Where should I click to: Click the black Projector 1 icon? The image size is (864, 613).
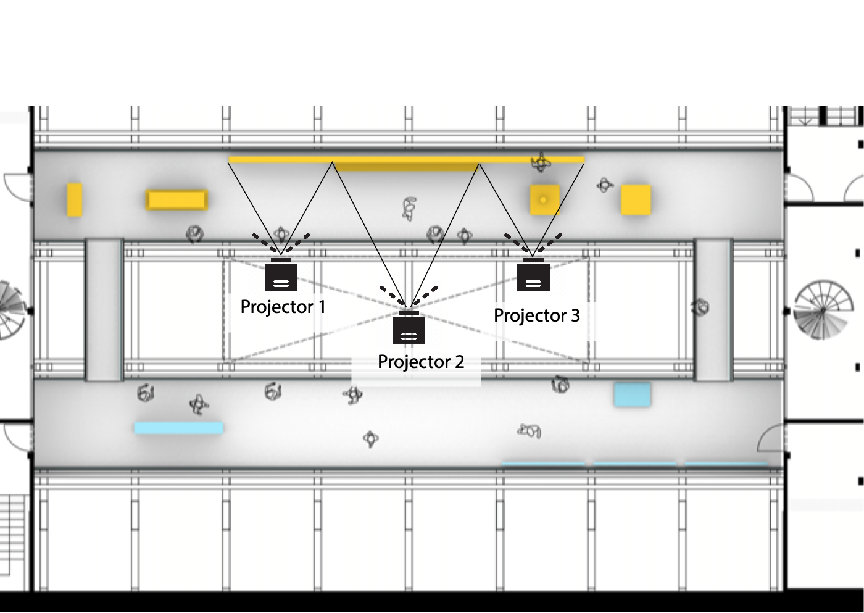coord(281,275)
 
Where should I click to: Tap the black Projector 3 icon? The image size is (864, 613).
coord(533,275)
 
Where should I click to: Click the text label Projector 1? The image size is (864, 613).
coord(283,307)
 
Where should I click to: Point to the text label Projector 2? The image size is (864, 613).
coord(420,362)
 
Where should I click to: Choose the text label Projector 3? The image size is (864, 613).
coord(536,315)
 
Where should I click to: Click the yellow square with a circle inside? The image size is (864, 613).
coord(544,200)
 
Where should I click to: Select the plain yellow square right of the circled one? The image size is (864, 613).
coord(636,200)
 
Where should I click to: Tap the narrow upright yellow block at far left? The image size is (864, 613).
coord(74,199)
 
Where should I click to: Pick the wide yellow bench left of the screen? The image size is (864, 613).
coord(177,200)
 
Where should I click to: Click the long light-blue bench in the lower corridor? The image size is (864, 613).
coord(178,428)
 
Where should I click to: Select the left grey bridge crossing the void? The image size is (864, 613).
coord(104,310)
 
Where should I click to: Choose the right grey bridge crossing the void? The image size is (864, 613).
coord(713,310)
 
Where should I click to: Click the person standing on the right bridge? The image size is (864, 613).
coord(700,307)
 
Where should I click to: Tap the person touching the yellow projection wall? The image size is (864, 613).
coord(541,163)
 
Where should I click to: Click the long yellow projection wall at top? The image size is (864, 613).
coord(406,161)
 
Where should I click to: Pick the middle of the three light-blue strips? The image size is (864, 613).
coord(634,463)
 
